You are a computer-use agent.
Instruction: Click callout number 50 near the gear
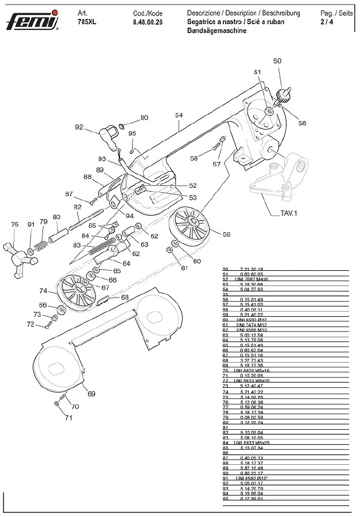pyautogui.click(x=277, y=61)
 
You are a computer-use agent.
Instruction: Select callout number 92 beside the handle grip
pyautogui.click(x=79, y=127)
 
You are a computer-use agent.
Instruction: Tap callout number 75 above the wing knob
pyautogui.click(x=15, y=225)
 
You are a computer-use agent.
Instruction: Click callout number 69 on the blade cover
pyautogui.click(x=91, y=393)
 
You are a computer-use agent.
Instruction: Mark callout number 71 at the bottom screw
pyautogui.click(x=68, y=418)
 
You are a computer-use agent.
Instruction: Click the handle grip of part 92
pyautogui.click(x=106, y=135)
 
